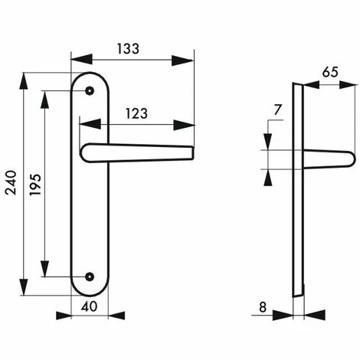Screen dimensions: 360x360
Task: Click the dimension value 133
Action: point(128,49)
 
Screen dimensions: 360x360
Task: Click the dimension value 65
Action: point(330,74)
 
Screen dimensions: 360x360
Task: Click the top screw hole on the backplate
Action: point(90,90)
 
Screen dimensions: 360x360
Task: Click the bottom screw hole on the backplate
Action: point(90,277)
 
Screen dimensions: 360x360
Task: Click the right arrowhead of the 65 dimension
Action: point(348,84)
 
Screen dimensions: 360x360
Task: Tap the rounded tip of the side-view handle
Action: point(352,159)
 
